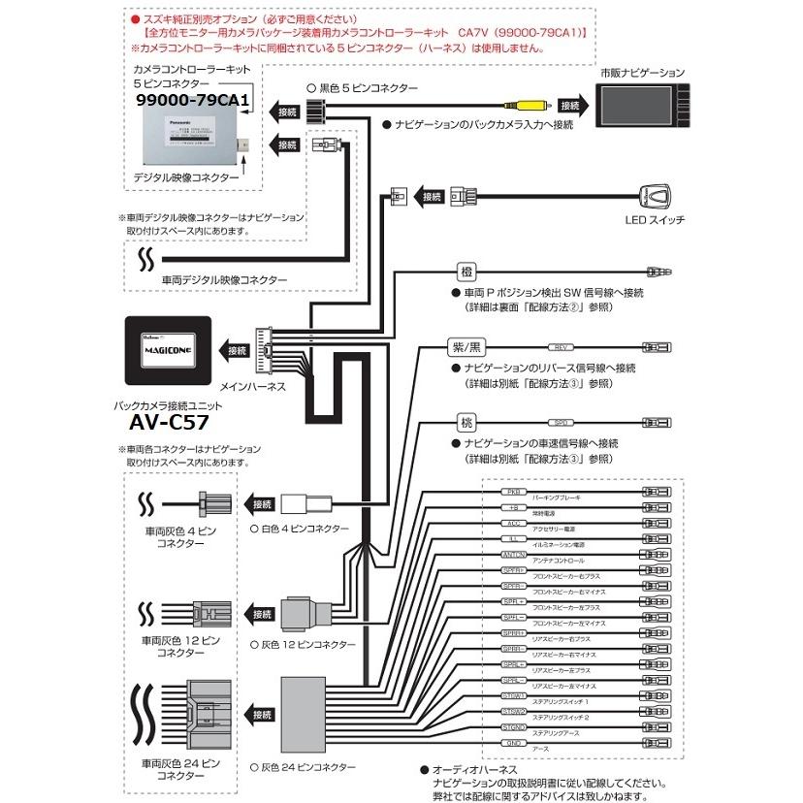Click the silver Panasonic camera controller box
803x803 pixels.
[x=192, y=137]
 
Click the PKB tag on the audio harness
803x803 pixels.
[x=515, y=492]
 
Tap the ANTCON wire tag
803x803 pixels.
[x=515, y=554]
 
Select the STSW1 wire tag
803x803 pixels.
[x=515, y=695]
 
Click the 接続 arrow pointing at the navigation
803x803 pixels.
[x=570, y=105]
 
